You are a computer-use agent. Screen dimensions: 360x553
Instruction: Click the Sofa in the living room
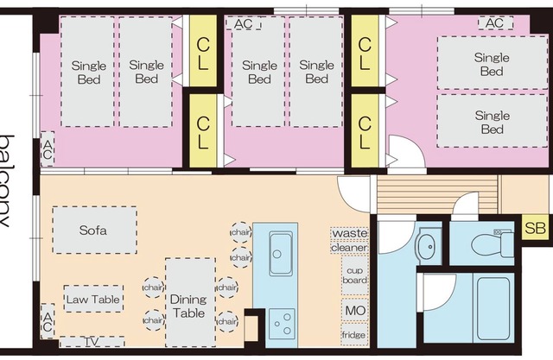click(x=93, y=230)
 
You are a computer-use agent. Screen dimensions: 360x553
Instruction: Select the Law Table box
click(x=93, y=299)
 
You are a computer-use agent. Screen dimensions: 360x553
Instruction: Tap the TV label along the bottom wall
click(x=92, y=342)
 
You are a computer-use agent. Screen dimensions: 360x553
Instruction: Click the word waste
click(x=349, y=234)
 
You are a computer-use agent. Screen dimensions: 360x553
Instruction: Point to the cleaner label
click(x=349, y=248)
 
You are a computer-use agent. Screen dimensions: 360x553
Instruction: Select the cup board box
click(x=354, y=275)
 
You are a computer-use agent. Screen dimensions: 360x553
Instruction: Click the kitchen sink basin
click(x=281, y=255)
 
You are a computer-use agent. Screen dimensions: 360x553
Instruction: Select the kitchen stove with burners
click(x=282, y=325)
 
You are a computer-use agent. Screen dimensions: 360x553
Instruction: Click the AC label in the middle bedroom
click(x=244, y=24)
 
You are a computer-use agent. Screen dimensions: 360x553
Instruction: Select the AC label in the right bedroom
click(x=493, y=23)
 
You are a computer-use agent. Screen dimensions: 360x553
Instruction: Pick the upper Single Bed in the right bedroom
click(x=491, y=64)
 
